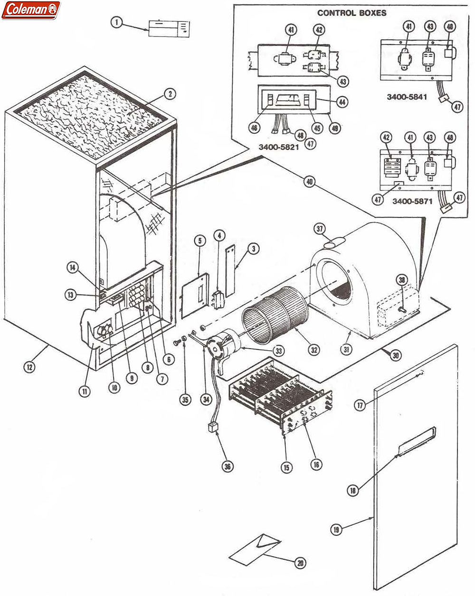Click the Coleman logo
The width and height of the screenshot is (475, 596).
click(x=31, y=9)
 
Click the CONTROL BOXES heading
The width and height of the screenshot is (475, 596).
click(x=351, y=13)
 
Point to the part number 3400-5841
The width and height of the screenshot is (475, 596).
click(x=407, y=97)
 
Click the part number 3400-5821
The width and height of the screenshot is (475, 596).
click(x=278, y=147)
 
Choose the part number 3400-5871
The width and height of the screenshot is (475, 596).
click(x=412, y=201)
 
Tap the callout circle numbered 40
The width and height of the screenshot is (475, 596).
click(x=310, y=181)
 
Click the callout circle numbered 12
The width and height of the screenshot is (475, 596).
click(x=29, y=366)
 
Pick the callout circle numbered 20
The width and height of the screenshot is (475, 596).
click(x=300, y=563)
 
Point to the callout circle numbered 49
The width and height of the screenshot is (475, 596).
click(x=336, y=128)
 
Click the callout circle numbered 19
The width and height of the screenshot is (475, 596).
click(x=336, y=530)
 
